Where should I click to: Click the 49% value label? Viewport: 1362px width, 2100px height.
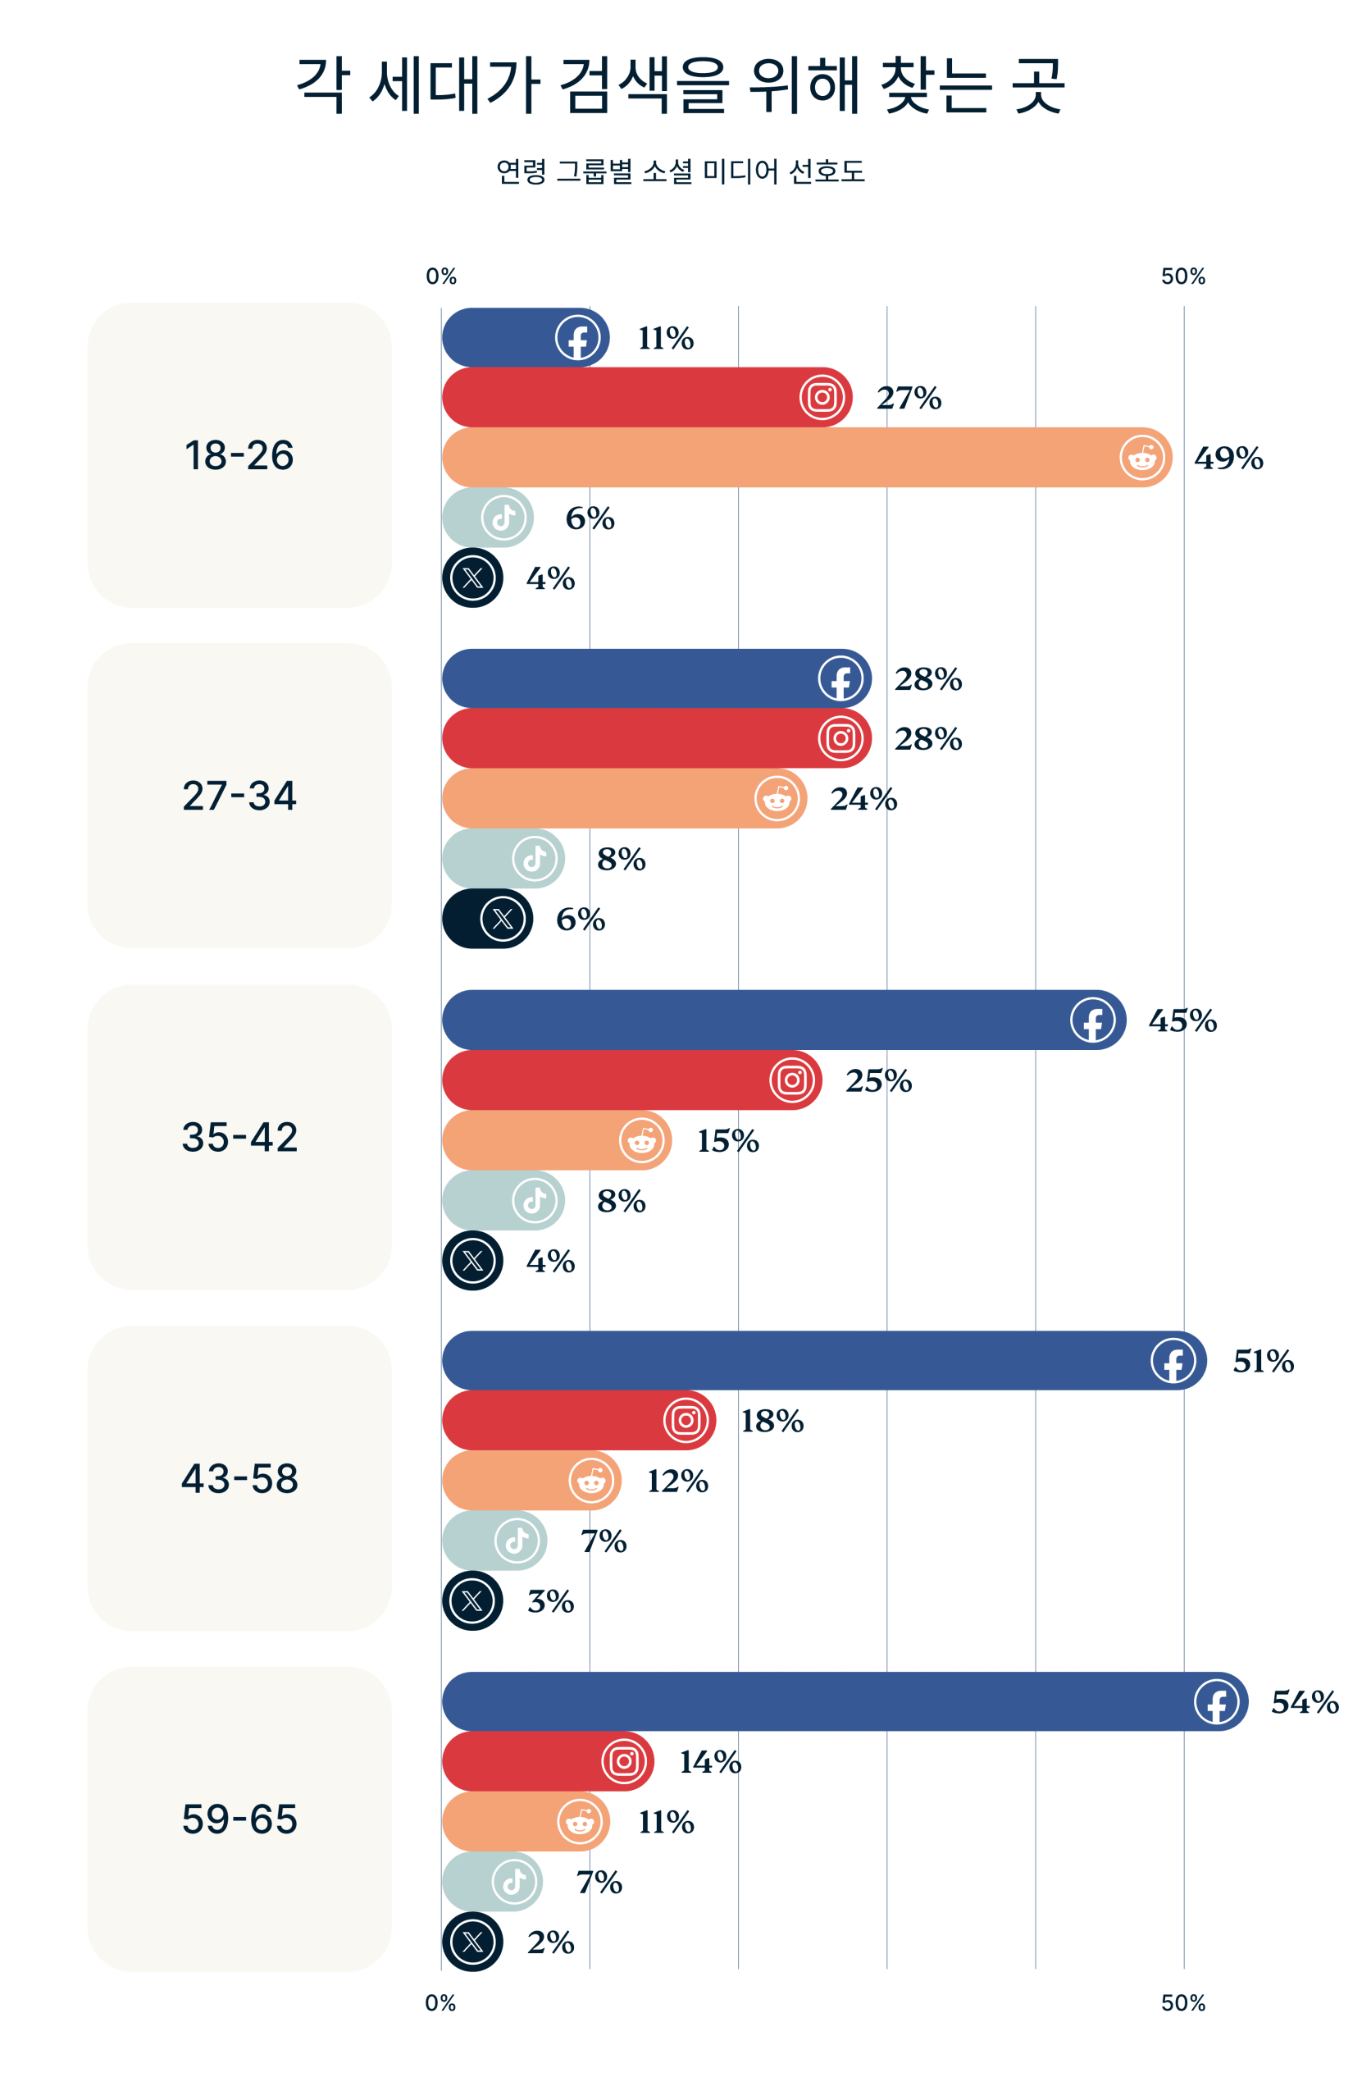pos(1228,458)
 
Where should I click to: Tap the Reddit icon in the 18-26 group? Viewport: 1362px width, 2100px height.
pos(1141,457)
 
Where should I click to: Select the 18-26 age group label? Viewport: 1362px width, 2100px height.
pos(239,455)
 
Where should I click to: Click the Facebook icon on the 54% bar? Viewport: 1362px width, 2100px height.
pos(1215,1701)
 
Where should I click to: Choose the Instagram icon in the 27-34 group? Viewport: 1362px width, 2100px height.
pos(840,737)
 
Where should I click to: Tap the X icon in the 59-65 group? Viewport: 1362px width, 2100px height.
pos(473,1941)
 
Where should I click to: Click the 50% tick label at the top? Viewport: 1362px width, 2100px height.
pos(1182,276)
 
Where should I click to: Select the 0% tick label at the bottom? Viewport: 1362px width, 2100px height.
pos(440,2002)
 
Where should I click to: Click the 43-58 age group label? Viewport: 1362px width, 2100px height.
pos(239,1478)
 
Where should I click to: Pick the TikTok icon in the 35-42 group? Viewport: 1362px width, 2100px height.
pos(534,1200)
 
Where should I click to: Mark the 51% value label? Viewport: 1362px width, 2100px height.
pos(1262,1361)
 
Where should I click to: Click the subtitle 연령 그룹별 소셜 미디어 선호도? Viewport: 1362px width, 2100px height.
pos(680,171)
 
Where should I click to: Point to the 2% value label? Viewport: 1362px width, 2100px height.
pos(550,1941)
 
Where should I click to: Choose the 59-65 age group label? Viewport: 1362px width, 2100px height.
pos(239,1819)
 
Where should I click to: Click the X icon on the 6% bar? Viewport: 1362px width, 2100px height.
pos(502,919)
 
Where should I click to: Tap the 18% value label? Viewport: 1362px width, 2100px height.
pos(772,1421)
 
